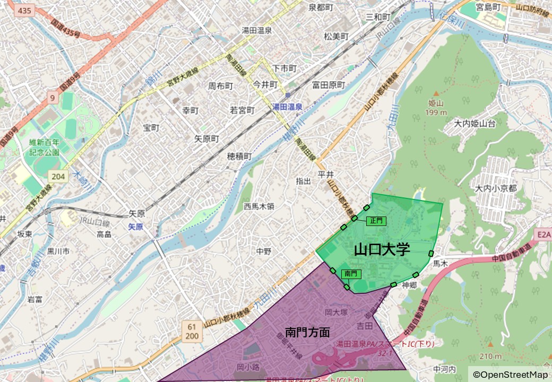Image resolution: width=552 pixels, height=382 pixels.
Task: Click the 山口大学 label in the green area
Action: tap(382, 249)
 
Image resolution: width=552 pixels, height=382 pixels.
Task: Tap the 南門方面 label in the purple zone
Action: tap(307, 333)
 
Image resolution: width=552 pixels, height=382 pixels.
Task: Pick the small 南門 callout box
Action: tap(351, 274)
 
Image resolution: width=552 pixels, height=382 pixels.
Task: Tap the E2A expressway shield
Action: tap(543, 234)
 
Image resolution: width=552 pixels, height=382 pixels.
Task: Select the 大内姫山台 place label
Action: tap(475, 124)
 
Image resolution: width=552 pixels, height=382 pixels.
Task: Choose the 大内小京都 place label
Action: tap(496, 188)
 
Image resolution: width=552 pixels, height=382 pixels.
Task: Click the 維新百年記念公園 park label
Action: tap(45, 147)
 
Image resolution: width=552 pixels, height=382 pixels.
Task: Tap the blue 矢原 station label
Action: tap(136, 227)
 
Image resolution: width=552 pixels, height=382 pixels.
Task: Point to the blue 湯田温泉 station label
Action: tap(287, 107)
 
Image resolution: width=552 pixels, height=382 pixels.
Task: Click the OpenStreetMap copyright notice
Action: tap(510, 375)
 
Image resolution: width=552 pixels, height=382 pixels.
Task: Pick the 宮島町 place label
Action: tap(488, 7)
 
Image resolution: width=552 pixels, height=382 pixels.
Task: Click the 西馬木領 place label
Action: tap(259, 206)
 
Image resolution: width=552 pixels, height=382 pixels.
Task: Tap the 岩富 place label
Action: tap(35, 300)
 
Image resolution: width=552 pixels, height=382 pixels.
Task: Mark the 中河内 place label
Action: tap(444, 369)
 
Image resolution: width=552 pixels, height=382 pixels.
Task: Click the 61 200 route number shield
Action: tap(192, 331)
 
